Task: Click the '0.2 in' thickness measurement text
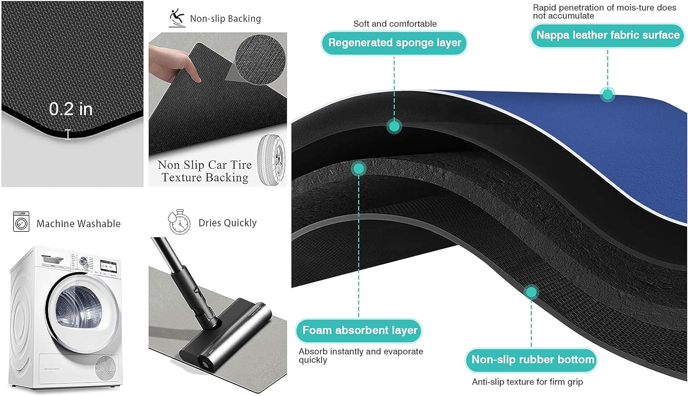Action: point(71,109)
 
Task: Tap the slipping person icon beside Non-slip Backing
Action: point(177,18)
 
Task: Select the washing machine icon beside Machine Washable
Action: point(21,221)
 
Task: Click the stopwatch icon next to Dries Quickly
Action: point(179,222)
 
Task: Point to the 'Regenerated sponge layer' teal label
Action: point(394,43)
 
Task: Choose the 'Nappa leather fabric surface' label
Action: point(607,35)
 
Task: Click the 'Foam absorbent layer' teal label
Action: point(359,330)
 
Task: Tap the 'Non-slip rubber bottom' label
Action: point(532,360)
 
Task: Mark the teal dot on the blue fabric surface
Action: point(607,95)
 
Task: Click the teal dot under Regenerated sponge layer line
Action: point(394,126)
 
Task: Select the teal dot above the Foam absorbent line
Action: point(359,169)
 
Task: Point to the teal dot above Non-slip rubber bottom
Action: point(531,292)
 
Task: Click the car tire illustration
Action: point(271,160)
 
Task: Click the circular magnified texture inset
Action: point(260,59)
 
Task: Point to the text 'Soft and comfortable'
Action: point(394,24)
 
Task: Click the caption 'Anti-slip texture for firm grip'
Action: point(527,382)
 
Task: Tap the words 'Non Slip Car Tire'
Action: point(205,165)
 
